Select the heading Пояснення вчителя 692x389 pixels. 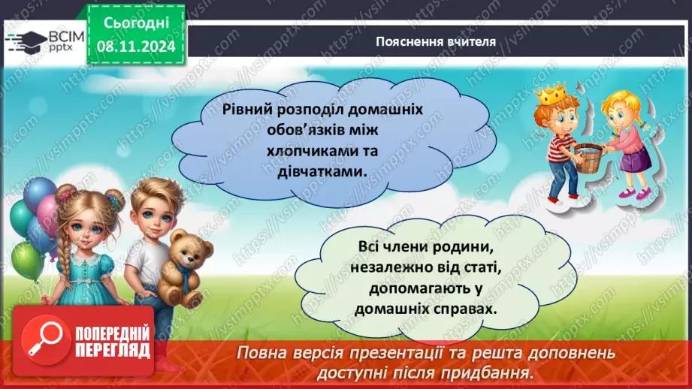click(436, 42)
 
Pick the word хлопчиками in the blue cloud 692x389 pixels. click(281, 151)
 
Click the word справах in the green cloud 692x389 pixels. click(469, 309)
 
